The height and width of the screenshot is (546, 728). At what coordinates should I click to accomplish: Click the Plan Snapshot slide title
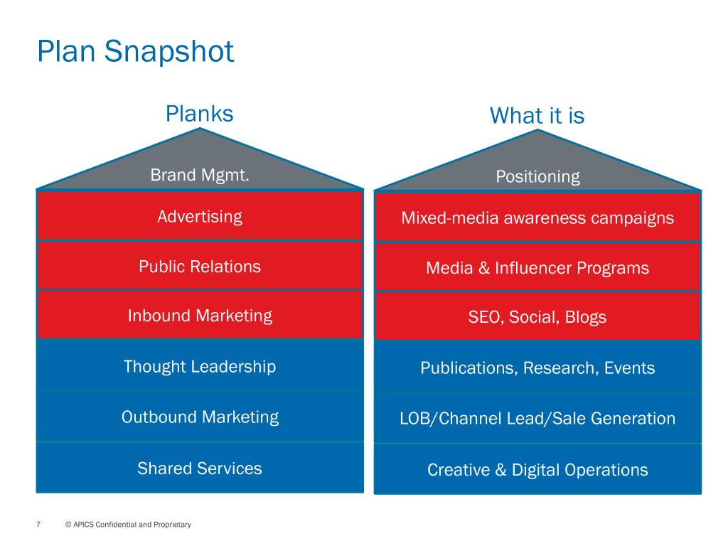point(136,52)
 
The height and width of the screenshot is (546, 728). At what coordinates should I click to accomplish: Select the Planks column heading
point(199,114)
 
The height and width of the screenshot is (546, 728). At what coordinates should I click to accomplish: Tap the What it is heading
point(537,116)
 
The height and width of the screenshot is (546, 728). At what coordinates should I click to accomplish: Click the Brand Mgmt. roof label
point(200,175)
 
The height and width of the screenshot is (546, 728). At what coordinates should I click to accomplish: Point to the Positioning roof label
point(537,176)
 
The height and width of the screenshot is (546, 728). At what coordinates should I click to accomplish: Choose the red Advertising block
point(200,216)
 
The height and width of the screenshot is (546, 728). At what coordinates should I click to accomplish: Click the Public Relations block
point(200,267)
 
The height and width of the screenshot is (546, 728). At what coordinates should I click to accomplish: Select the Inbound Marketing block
point(200,316)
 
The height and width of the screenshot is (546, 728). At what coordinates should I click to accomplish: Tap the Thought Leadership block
point(200,367)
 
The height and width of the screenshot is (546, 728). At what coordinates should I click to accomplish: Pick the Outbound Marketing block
point(200,417)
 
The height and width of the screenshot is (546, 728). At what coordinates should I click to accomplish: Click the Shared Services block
point(200,469)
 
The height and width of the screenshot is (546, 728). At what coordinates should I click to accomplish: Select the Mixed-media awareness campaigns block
point(537,218)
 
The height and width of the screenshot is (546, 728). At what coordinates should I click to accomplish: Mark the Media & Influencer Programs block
point(537,268)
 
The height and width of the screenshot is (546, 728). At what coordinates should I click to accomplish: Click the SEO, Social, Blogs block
point(537,317)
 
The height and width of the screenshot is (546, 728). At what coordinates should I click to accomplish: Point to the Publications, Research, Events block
point(537,368)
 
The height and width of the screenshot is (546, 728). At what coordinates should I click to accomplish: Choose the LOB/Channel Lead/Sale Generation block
point(537,419)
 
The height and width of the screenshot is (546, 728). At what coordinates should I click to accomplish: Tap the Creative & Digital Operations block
point(537,470)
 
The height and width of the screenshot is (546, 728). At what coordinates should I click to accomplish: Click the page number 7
point(38,525)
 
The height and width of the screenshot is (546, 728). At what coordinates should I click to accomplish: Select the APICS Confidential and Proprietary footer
point(128,525)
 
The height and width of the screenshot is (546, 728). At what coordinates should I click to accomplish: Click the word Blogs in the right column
point(585,317)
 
